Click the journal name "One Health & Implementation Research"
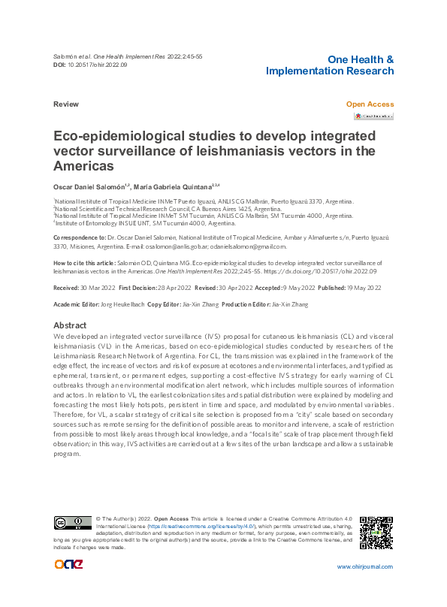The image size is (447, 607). pos(330,65)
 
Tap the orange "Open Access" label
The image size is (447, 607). pos(369,104)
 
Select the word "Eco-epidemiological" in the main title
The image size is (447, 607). pos(130,137)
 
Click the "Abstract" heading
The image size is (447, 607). pos(70,325)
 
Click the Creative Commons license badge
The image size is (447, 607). pos(72,523)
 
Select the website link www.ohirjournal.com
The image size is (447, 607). pos(364,567)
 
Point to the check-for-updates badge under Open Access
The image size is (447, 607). pos(373,116)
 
